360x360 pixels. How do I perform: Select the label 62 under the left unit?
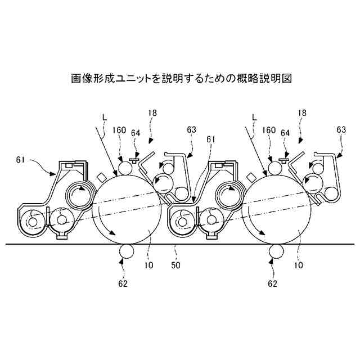(123, 283)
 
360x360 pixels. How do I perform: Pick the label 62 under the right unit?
(273, 283)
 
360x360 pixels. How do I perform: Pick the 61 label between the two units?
(211, 139)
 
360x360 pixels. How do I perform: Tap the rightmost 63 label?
(340, 129)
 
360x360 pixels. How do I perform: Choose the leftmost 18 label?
(153, 114)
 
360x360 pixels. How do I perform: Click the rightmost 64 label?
(285, 133)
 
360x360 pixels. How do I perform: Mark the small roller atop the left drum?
(124, 167)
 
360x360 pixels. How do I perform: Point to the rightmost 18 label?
(302, 114)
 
